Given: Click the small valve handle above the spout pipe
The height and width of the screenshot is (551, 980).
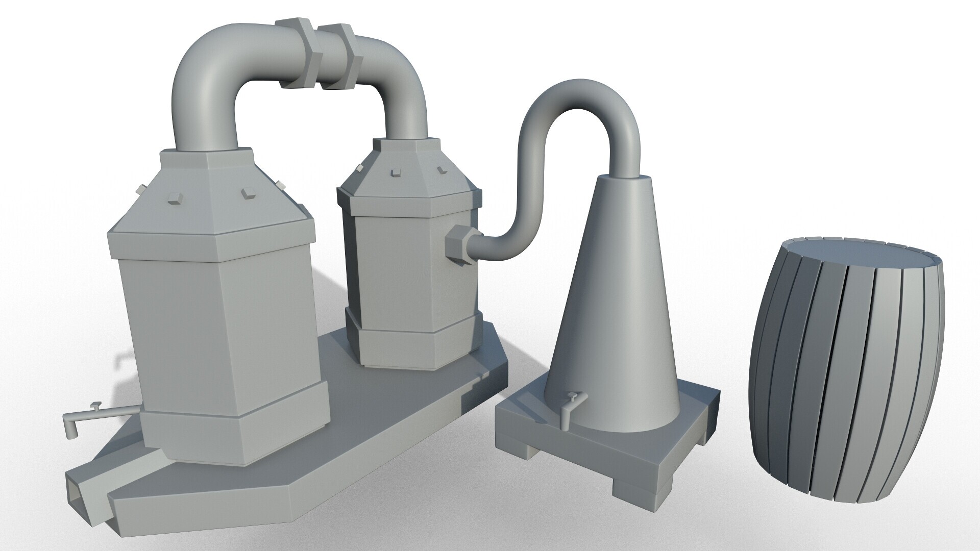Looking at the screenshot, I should point(95,406).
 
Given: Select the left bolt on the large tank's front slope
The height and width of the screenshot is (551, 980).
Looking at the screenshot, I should point(174,199).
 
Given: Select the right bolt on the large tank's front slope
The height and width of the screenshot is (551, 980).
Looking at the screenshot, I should point(248,192).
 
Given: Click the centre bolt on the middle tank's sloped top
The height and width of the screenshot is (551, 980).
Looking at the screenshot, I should point(395,173).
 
